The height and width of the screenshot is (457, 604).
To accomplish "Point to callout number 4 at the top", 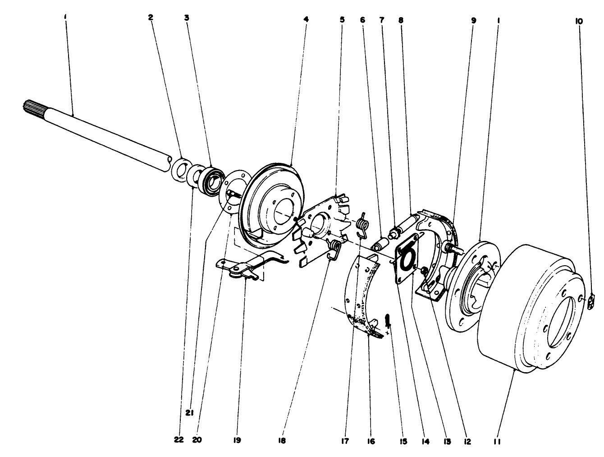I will pyautogui.click(x=306, y=20).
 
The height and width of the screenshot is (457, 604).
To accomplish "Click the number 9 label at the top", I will pyautogui.click(x=473, y=20).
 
